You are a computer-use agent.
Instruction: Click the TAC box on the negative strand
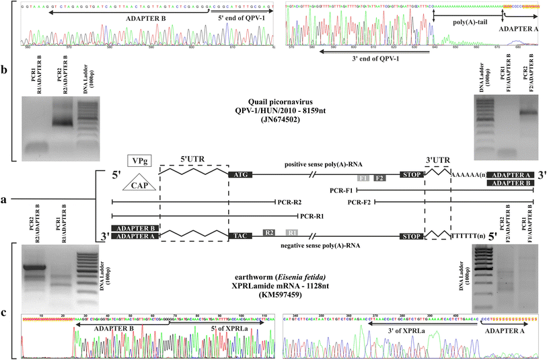pyautogui.click(x=240, y=237)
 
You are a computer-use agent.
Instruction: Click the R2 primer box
pyautogui.click(x=270, y=232)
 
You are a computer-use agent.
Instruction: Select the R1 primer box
pyautogui.click(x=291, y=232)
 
